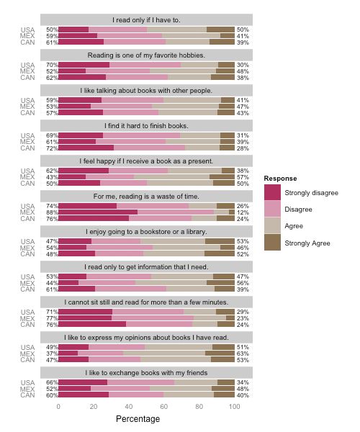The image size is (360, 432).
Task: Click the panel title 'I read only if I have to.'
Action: tap(146, 19)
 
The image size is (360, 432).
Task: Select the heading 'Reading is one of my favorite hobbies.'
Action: tap(146, 55)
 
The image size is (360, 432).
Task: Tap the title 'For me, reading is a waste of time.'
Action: tap(146, 197)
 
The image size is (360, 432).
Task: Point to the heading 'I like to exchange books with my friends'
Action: tap(146, 372)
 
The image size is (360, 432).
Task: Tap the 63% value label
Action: tap(243, 354)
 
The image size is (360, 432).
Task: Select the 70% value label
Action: tap(52, 65)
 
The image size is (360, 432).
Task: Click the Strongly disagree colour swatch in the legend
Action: tap(273, 192)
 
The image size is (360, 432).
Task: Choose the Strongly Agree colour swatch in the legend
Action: tap(273, 243)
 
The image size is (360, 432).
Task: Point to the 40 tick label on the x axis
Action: tap(128, 407)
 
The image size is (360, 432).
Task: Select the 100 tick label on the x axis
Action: tap(234, 407)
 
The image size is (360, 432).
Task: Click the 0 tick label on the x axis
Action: tap(58, 407)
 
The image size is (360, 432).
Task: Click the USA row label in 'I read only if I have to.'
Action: tap(28, 30)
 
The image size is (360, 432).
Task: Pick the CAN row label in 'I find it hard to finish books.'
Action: tap(28, 148)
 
